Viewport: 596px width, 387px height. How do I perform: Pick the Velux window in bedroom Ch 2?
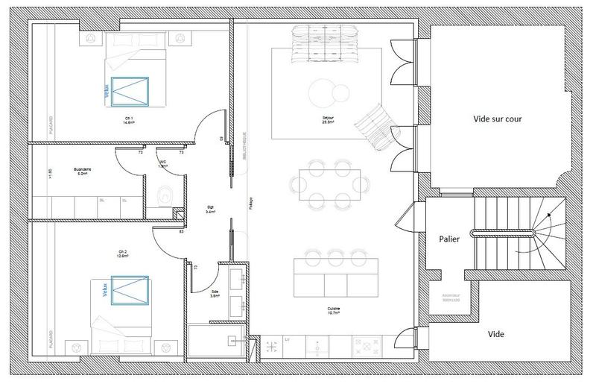click(130, 290)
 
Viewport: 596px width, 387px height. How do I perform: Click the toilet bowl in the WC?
click(165, 196)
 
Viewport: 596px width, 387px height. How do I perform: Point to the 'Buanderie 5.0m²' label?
click(83, 171)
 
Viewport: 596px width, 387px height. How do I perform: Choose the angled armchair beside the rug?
click(375, 125)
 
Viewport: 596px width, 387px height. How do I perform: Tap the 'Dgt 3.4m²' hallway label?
click(211, 210)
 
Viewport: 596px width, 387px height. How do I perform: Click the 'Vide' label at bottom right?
click(496, 335)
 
